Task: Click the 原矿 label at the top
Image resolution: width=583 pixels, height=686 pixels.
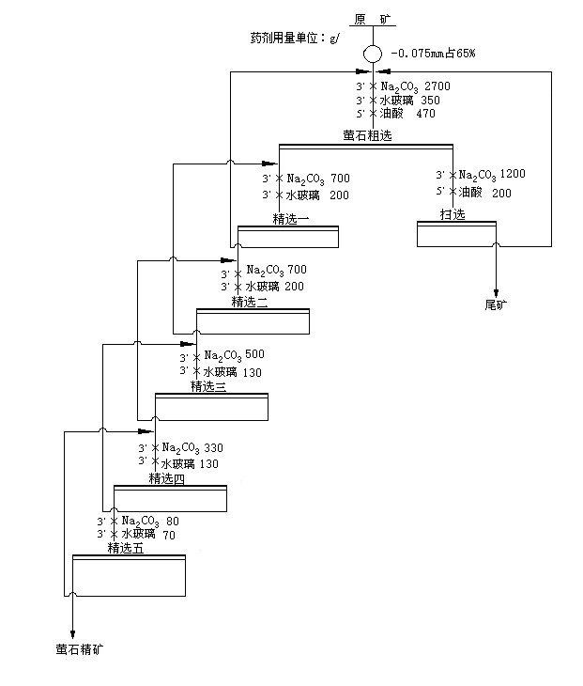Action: click(374, 19)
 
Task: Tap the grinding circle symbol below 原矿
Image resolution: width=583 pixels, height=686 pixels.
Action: click(373, 55)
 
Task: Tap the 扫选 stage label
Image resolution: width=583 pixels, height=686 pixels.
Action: click(453, 214)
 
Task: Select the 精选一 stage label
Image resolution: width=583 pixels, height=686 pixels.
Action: click(291, 219)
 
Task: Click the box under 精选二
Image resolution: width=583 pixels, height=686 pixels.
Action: click(253, 321)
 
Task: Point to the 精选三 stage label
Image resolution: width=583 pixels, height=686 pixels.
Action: click(208, 385)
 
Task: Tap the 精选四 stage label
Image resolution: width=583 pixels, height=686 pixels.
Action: click(167, 478)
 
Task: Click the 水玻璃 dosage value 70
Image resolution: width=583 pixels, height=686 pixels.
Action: click(170, 535)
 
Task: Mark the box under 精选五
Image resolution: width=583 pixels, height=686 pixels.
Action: click(129, 575)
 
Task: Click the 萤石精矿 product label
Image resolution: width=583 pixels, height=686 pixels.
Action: click(75, 648)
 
